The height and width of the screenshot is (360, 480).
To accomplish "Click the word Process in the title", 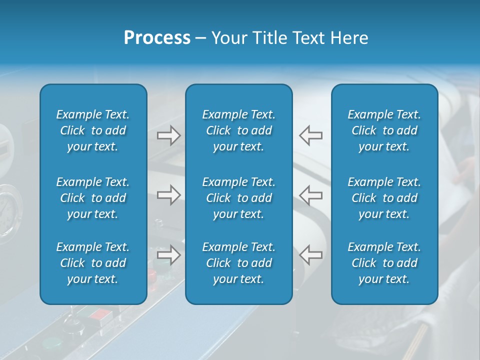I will tap(157, 38).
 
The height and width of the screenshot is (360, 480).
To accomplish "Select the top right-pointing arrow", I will tap(168, 135).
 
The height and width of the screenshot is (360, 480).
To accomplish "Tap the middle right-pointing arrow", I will tap(168, 195).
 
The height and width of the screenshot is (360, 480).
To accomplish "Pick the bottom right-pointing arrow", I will tap(168, 255).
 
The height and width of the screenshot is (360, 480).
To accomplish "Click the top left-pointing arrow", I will tap(310, 135).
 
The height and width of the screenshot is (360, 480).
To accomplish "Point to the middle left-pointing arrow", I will tap(310, 195).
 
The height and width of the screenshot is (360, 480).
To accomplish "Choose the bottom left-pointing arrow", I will tap(310, 255).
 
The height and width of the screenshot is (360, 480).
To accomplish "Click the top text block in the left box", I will tap(93, 130).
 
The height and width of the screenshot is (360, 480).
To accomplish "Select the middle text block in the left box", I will tap(93, 198).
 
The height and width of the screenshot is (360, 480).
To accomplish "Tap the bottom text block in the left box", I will tap(93, 263).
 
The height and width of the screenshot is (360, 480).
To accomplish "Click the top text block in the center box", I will tap(238, 130).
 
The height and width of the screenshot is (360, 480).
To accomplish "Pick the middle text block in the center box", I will tap(238, 198).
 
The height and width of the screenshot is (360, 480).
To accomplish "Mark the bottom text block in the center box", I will tap(238, 263).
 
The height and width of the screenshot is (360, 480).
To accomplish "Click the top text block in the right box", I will tap(384, 130).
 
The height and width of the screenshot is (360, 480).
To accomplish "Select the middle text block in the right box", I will tap(384, 198).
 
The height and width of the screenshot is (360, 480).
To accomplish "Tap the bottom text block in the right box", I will tap(384, 263).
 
